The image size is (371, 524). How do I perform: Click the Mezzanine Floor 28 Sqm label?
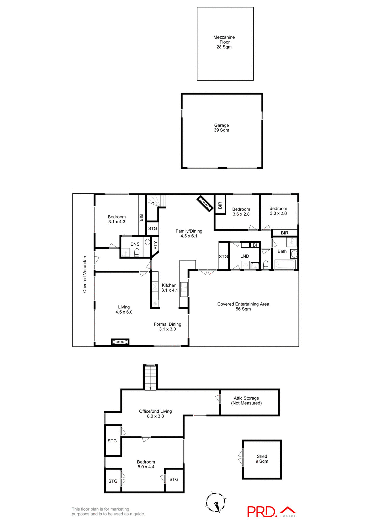click(224, 42)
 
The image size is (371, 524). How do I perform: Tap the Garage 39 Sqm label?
click(221, 128)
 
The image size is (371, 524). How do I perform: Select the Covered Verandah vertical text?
click(85, 274)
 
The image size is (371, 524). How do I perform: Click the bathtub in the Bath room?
click(285, 264)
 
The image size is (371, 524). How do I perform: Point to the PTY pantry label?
click(155, 245)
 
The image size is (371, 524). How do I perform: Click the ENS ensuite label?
click(135, 244)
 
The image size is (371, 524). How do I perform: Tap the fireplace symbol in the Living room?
click(120, 342)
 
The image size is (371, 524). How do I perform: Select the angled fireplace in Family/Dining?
click(205, 204)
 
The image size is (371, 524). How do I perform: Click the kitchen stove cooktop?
click(155, 287)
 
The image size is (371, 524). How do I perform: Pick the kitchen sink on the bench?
click(184, 286)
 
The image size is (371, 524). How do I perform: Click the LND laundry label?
click(245, 256)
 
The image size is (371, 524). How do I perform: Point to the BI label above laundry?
click(255, 245)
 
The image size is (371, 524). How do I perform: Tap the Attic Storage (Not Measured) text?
click(246, 401)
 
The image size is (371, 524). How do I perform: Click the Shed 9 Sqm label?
click(262, 459)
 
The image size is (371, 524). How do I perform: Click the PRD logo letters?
click(261, 512)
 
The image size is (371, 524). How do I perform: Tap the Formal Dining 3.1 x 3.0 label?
click(167, 327)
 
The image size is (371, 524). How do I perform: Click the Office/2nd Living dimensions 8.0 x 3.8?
click(155, 416)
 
